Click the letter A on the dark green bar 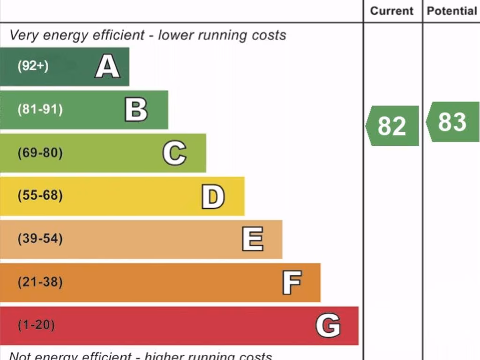click(x=107, y=67)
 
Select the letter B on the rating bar click(x=136, y=110)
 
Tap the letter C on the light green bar click(x=174, y=153)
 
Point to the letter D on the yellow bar click(x=213, y=196)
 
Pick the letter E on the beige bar click(x=252, y=239)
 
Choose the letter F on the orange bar click(x=291, y=283)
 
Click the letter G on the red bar click(x=328, y=326)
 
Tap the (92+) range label click(x=33, y=66)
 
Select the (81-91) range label click(x=40, y=110)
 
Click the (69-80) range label click(x=40, y=153)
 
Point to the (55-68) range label click(x=40, y=195)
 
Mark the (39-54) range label click(x=40, y=239)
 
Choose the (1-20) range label click(x=36, y=325)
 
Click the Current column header click(x=392, y=11)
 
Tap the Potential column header click(x=451, y=11)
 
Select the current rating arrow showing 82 click(x=392, y=126)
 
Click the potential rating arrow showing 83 click(x=453, y=122)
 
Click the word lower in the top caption click(x=175, y=35)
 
